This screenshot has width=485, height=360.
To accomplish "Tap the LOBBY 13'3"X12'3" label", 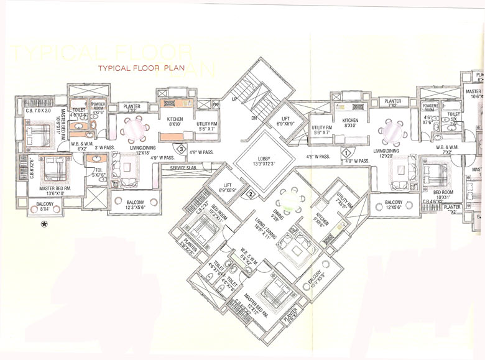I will coord(259,160).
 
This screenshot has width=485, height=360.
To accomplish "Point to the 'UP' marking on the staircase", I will coord(234,99).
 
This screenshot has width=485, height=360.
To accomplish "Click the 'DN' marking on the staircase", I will coord(255,118).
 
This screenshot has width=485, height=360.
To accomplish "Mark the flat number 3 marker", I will coord(180,148).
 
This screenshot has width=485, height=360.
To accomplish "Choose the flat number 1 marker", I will coord(345,151).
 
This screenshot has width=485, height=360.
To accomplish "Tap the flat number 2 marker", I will coord(250,195).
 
